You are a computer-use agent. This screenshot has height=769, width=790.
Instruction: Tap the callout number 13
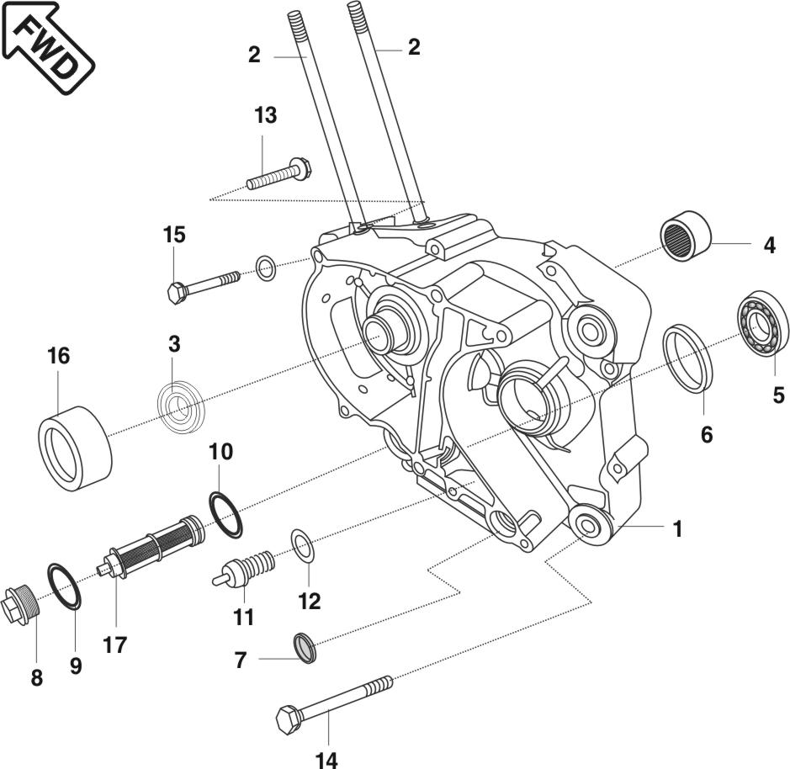(265, 116)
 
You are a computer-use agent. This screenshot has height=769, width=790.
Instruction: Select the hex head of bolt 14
(288, 720)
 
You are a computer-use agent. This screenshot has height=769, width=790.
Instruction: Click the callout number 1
(677, 529)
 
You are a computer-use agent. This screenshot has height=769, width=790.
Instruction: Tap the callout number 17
(115, 645)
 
